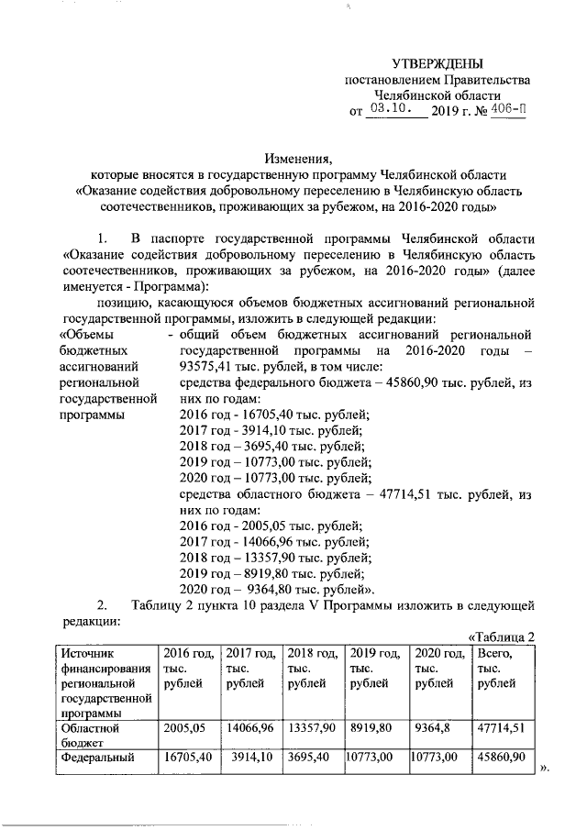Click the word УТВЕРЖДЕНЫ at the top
click(436, 63)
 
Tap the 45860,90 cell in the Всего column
click(501, 758)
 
